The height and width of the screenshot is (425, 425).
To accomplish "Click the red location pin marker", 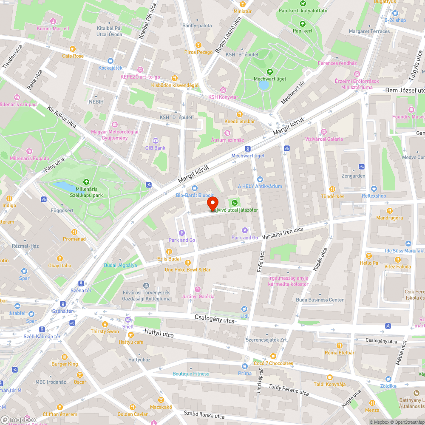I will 212,203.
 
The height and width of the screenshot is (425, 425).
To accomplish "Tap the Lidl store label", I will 244,316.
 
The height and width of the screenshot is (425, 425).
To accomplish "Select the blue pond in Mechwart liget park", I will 263,85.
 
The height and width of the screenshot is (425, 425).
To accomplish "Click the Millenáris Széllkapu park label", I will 86,192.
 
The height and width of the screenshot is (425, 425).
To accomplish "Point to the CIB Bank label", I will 155,148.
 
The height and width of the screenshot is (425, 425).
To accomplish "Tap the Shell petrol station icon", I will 127,320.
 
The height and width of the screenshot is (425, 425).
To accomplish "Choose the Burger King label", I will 65,364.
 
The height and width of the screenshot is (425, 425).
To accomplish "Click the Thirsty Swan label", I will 105,331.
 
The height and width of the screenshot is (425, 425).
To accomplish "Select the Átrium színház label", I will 227,140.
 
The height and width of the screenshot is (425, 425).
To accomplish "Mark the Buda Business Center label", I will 320,300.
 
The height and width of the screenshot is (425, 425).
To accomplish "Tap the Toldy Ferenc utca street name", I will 289,389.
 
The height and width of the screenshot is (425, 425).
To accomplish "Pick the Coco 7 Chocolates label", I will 273,363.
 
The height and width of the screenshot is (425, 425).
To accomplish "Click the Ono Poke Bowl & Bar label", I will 187,269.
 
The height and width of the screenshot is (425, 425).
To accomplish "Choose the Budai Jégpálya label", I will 120,265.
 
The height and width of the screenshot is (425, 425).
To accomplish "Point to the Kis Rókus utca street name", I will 62,117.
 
